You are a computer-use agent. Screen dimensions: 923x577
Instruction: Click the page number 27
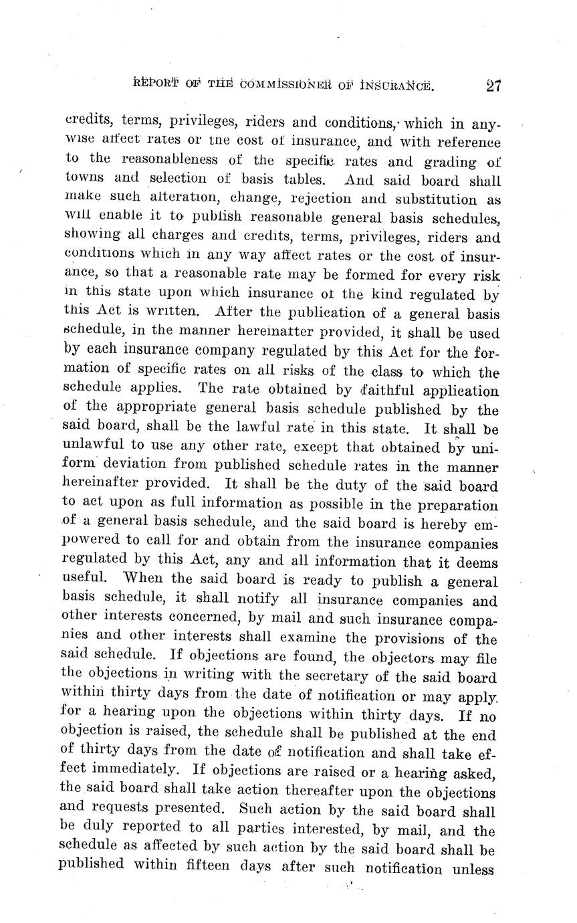(x=494, y=86)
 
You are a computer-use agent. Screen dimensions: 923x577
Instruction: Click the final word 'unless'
(x=472, y=869)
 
